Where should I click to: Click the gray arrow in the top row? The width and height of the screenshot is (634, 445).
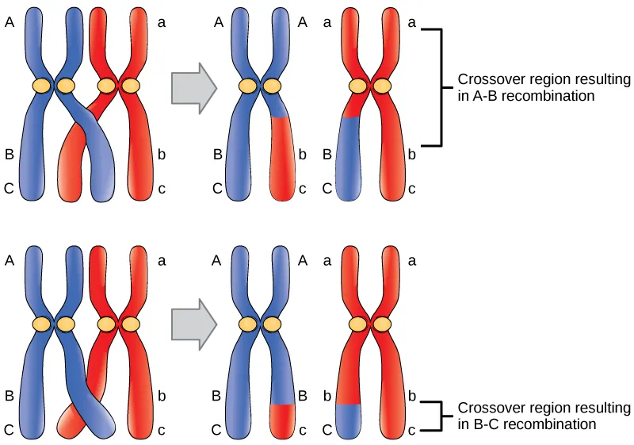pyautogui.click(x=193, y=85)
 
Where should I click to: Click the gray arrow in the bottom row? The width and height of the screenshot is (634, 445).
pyautogui.click(x=193, y=323)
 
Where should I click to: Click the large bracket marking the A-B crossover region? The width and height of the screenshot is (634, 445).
pyautogui.click(x=437, y=87)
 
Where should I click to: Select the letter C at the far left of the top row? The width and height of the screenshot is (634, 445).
pyautogui.click(x=10, y=189)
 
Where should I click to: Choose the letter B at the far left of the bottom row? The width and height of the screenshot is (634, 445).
pyautogui.click(x=10, y=395)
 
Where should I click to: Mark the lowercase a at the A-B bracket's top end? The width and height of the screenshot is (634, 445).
pyautogui.click(x=411, y=24)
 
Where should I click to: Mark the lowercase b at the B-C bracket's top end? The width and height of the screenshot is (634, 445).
pyautogui.click(x=411, y=395)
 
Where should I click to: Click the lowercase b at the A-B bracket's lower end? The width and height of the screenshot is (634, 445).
pyautogui.click(x=411, y=155)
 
